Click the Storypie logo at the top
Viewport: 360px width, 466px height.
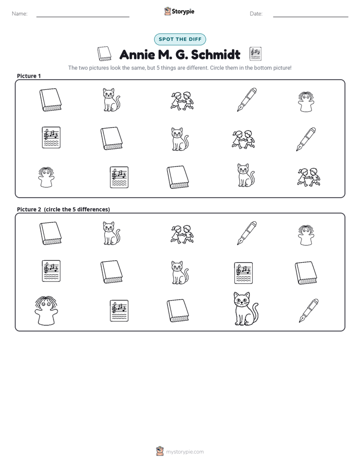point(179,11)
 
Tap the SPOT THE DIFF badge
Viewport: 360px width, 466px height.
point(180,39)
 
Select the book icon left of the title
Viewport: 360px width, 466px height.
point(104,54)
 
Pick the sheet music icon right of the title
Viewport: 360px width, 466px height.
point(256,54)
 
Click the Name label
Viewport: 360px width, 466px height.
point(20,14)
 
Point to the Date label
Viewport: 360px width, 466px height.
point(256,14)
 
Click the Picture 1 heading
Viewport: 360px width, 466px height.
point(29,76)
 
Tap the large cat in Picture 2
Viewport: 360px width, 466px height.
point(246,309)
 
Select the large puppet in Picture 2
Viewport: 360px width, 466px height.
point(46,311)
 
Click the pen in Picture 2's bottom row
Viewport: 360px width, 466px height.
point(309,311)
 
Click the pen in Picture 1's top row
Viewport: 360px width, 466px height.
point(247,99)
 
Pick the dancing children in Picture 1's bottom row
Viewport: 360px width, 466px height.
point(309,177)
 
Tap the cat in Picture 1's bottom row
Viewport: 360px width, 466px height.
point(246,175)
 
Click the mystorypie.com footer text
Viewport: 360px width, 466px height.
point(185,452)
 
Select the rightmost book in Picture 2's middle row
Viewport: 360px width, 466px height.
point(306,273)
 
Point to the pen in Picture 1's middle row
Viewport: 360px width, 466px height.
point(306,139)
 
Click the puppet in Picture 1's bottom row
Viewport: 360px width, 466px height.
point(46,177)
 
